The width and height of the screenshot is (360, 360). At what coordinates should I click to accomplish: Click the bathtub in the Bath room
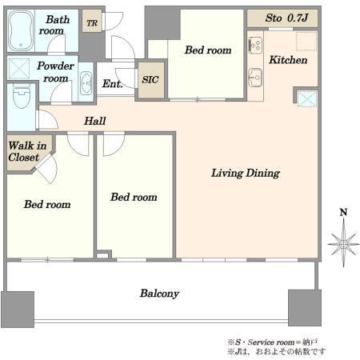tap(21, 30)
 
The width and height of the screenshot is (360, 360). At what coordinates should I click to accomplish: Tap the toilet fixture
tap(22, 97)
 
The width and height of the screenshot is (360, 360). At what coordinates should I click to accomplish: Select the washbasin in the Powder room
tap(86, 83)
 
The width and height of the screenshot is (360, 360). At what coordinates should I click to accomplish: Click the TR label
tap(92, 23)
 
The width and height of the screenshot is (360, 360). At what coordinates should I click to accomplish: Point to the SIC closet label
tap(150, 79)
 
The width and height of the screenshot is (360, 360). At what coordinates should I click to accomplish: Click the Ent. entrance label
tap(113, 84)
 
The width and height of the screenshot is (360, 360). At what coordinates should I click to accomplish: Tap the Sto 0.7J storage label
tap(286, 18)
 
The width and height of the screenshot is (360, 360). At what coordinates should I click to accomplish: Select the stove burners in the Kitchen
tap(255, 45)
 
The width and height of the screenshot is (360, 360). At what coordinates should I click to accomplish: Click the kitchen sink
tap(255, 78)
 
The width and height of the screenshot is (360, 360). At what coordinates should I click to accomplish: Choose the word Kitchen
tap(288, 60)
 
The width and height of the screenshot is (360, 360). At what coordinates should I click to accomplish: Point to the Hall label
tap(95, 121)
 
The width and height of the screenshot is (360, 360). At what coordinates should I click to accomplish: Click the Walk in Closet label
tap(27, 151)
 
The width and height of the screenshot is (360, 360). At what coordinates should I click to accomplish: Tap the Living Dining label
tap(246, 173)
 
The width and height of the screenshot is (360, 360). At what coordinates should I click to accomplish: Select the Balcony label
tap(159, 294)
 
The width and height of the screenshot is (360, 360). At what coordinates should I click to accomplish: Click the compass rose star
tap(343, 243)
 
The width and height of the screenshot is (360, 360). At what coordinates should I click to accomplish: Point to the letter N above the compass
tap(343, 212)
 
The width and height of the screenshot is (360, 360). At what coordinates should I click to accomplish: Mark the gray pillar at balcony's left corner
tap(18, 310)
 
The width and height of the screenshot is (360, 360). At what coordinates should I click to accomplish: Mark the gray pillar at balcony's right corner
tap(305, 308)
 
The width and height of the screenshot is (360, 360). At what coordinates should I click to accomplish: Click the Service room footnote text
tap(273, 342)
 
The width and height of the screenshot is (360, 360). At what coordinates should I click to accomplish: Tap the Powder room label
tap(55, 72)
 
